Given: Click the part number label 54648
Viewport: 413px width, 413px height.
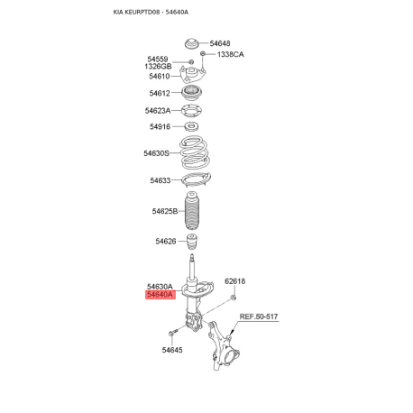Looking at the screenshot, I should pyautogui.click(x=220, y=43).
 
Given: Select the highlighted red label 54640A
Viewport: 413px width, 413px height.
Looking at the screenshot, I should pyautogui.click(x=160, y=294).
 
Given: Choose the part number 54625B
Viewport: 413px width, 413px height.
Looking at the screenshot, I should pyautogui.click(x=164, y=211).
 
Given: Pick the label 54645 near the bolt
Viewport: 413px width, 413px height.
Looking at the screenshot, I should pyautogui.click(x=172, y=350).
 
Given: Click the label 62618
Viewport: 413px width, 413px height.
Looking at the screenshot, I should pyautogui.click(x=234, y=281).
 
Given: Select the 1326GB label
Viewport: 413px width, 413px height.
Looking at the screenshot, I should pyautogui.click(x=159, y=67).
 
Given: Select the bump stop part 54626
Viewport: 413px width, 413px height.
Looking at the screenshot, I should pyautogui.click(x=191, y=242).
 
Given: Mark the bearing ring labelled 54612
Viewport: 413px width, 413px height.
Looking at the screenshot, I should pyautogui.click(x=191, y=93).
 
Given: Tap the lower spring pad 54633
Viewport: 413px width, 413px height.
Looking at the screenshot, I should pyautogui.click(x=193, y=179).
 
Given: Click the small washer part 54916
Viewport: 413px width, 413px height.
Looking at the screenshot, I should pyautogui.click(x=191, y=127).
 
